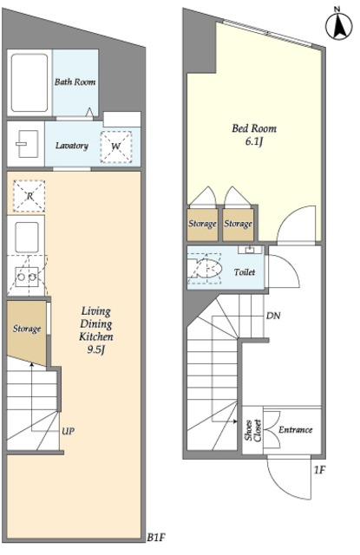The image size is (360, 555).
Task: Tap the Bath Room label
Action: pyautogui.click(x=75, y=82)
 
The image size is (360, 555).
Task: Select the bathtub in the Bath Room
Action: pyautogui.click(x=29, y=83)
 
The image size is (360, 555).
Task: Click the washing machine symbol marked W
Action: pyautogui.click(x=115, y=147)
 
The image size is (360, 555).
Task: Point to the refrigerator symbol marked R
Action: pyautogui.click(x=29, y=196)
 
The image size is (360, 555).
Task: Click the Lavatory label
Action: pyautogui.click(x=72, y=146)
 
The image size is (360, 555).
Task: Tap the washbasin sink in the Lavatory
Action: pyautogui.click(x=27, y=144)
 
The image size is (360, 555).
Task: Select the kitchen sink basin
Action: pyautogui.click(x=27, y=237)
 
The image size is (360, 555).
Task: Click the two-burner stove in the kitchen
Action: pyautogui.click(x=27, y=277)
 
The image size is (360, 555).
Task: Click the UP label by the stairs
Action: pyautogui.click(x=68, y=431)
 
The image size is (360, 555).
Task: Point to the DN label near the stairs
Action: pyautogui.click(x=273, y=316)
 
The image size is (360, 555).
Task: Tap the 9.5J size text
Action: pyautogui.click(x=96, y=350)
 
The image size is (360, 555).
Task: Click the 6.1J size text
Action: pyautogui.click(x=254, y=141)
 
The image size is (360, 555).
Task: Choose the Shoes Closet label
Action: pyautogui.click(x=253, y=430)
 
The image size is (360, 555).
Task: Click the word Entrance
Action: pyautogui.click(x=296, y=430)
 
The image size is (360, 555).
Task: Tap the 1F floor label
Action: pyautogui.click(x=319, y=470)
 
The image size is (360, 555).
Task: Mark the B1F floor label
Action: pyautogui.click(x=156, y=538)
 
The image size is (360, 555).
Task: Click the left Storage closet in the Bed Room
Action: pyautogui.click(x=202, y=225)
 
